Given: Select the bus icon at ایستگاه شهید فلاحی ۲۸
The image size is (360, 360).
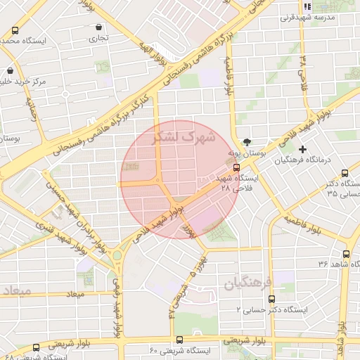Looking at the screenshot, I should point(236,167).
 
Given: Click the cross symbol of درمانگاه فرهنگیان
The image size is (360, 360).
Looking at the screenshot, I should point(302,149).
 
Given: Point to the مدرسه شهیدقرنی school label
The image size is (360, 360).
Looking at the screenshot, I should point(323,16).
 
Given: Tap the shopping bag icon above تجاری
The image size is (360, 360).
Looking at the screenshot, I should point(98,27).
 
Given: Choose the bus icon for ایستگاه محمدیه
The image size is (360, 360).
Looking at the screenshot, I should point(15,30).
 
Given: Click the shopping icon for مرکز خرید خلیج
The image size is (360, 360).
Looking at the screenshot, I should point(10,71).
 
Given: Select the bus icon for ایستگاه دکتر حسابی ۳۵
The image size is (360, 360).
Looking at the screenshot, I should point(345,173).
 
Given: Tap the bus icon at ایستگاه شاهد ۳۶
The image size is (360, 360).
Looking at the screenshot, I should point(345,254).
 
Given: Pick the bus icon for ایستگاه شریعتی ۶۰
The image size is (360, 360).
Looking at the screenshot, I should point(179,339).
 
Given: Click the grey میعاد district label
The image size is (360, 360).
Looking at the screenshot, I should point(15,290).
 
